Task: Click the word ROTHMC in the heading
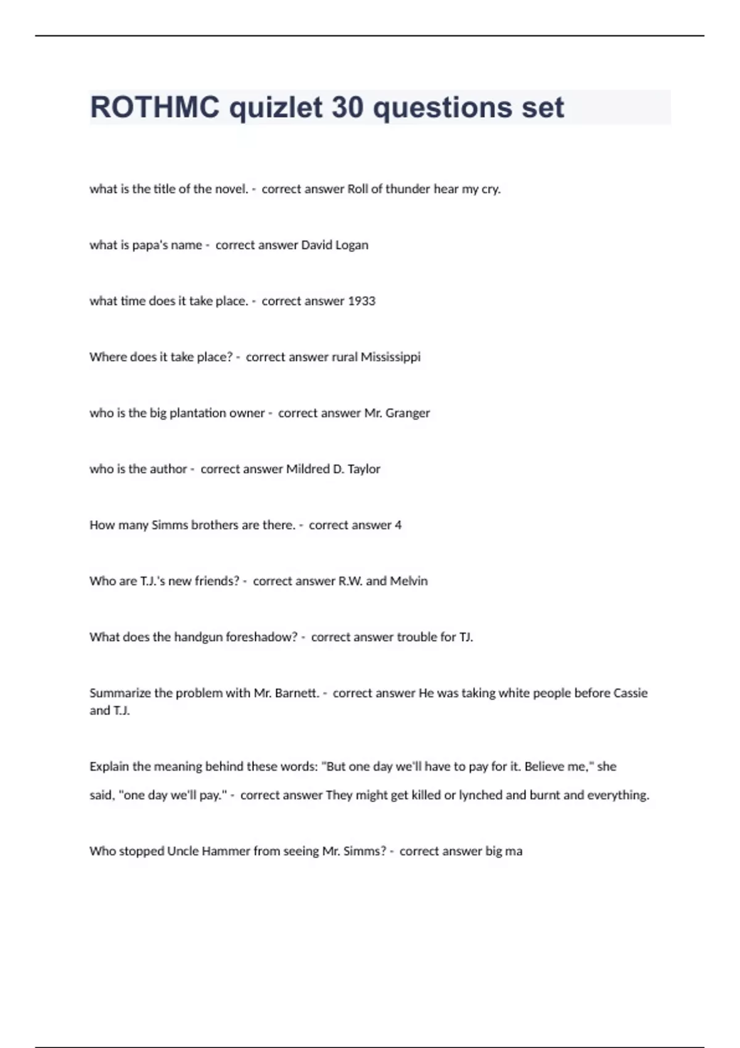tap(154, 107)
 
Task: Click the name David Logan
tap(334, 245)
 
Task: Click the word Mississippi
tap(390, 357)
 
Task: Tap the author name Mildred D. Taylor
tap(333, 469)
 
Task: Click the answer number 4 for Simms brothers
tap(398, 525)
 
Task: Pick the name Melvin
tap(409, 581)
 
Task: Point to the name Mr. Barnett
tap(286, 693)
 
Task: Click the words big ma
tap(504, 851)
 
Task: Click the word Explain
tap(110, 767)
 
